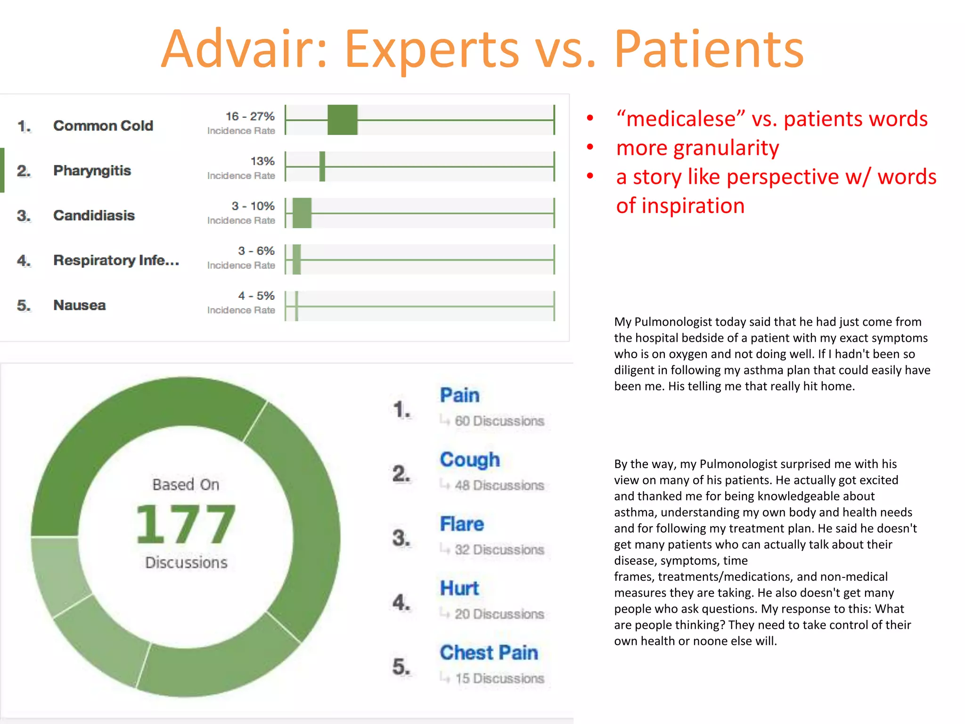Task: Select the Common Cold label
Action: tap(103, 126)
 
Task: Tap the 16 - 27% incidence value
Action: tap(250, 116)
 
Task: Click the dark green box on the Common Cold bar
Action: tap(343, 120)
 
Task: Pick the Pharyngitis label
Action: tap(92, 171)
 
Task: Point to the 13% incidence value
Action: tap(262, 161)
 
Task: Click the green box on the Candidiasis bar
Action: tap(302, 213)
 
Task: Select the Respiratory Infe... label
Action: tap(116, 260)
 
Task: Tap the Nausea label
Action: tap(80, 305)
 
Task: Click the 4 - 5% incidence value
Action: tap(256, 296)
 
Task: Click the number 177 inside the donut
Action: tap(186, 524)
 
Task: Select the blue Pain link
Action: tap(459, 395)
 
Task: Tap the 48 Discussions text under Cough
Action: tap(499, 485)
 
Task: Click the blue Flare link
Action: tap(462, 524)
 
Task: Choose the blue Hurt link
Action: tap(459, 588)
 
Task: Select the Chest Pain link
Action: tap(489, 653)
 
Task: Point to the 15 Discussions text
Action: tap(499, 678)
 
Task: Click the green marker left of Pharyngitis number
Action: tap(2, 170)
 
